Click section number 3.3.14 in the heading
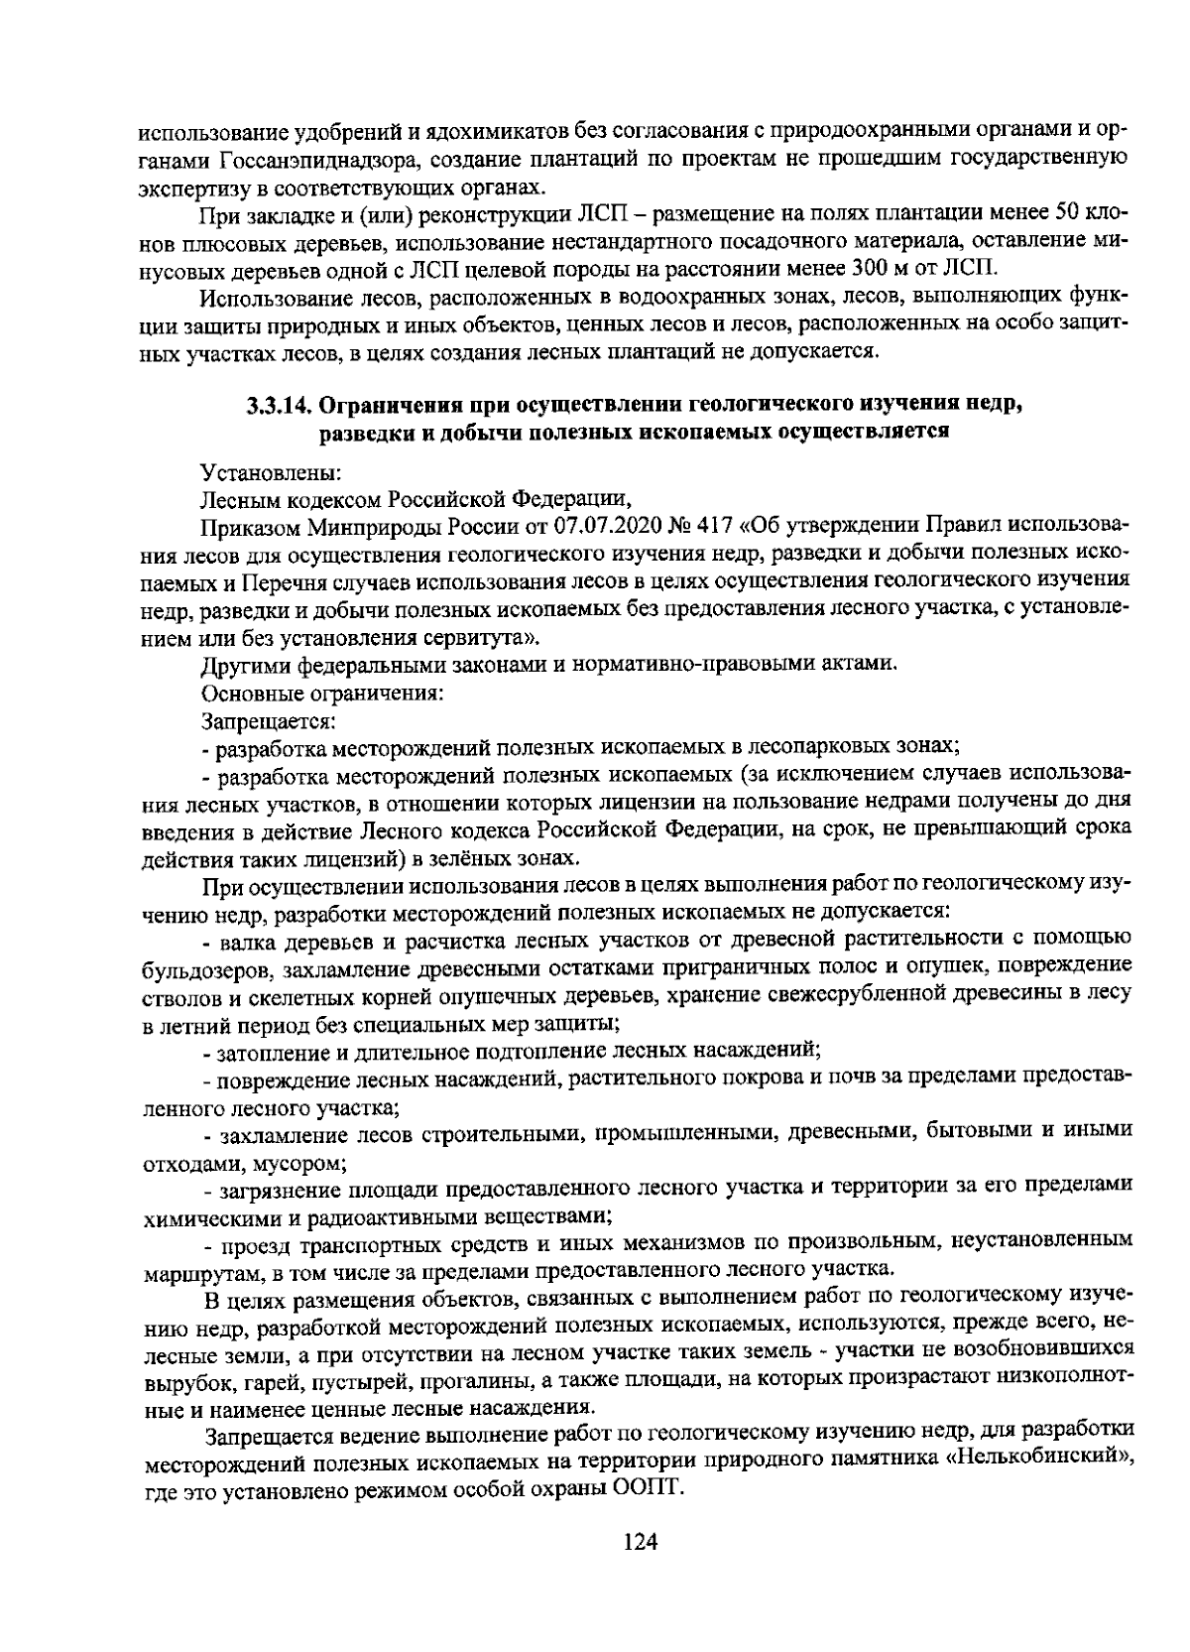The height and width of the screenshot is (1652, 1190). [x=278, y=405]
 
